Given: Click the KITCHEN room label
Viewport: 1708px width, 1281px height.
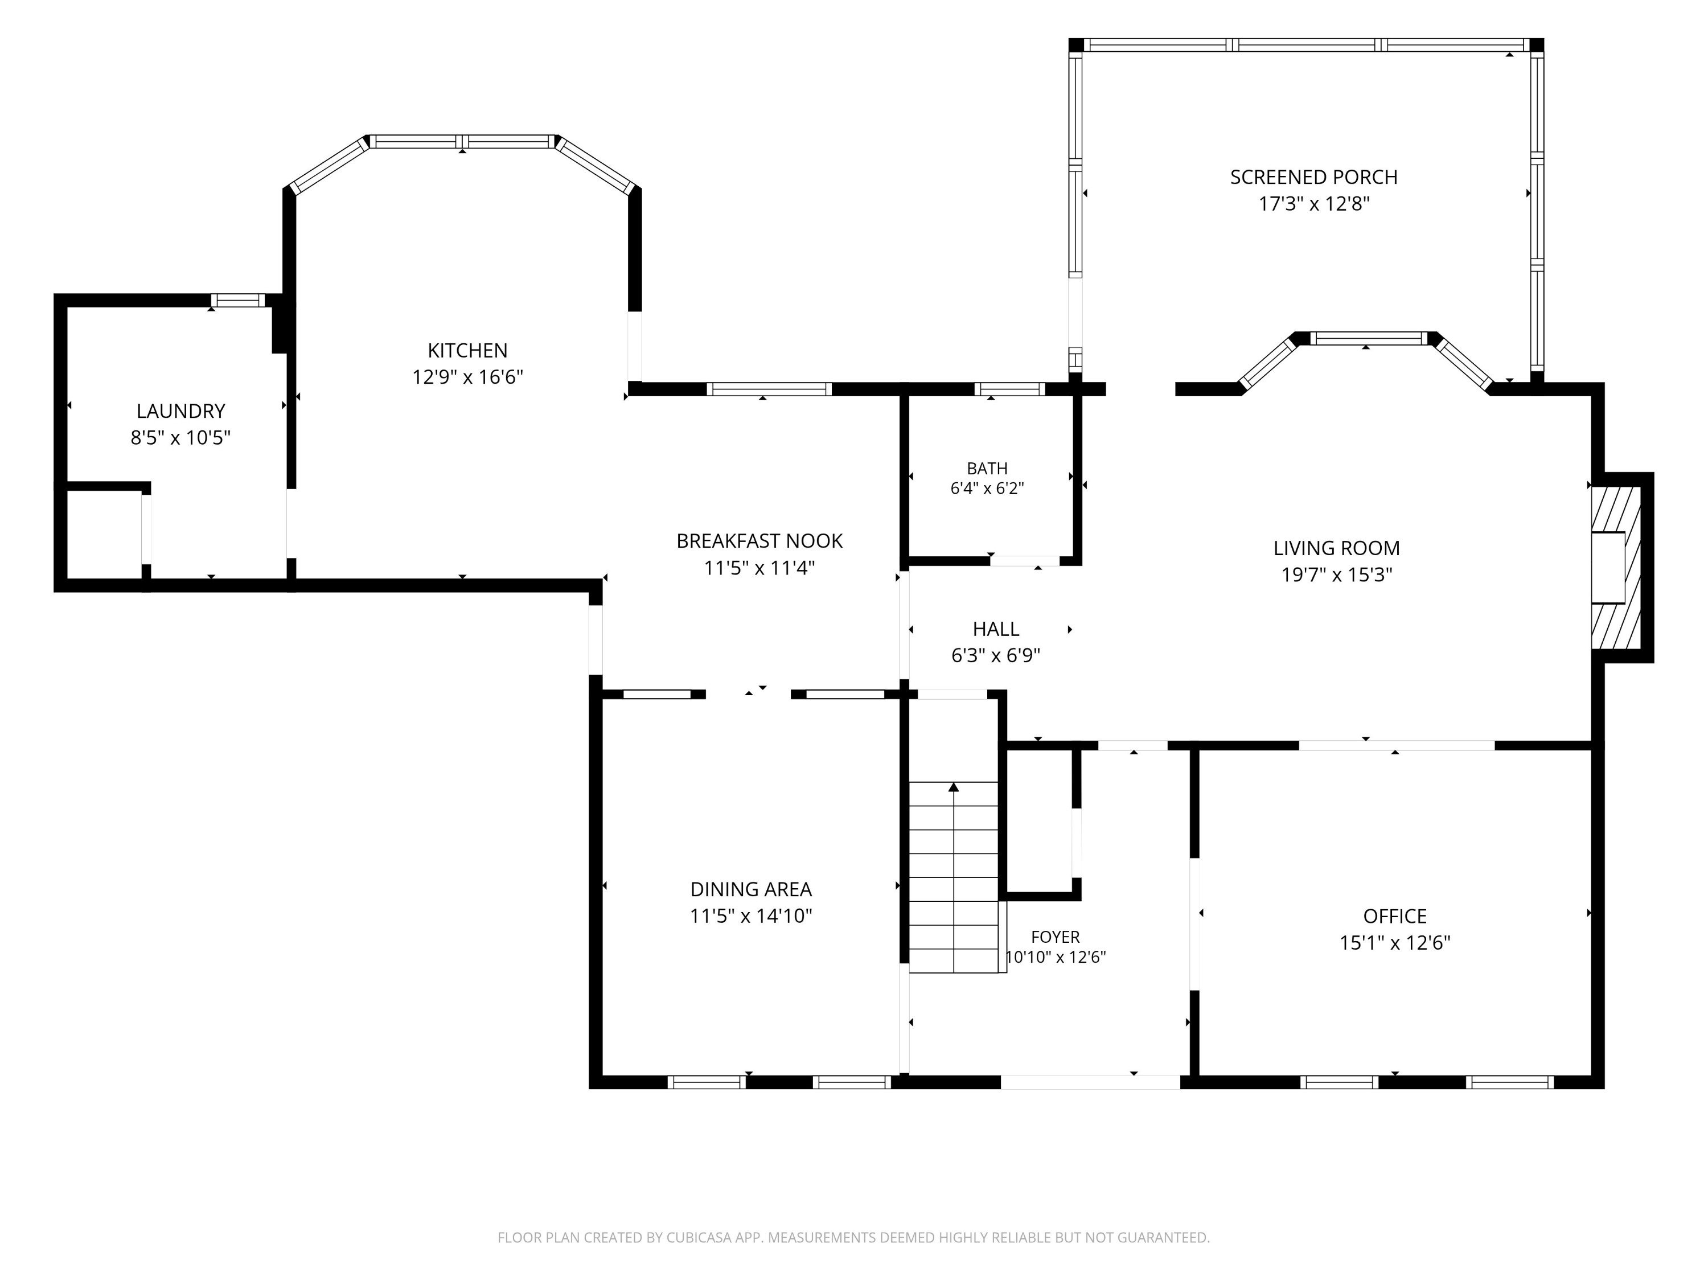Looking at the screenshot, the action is (467, 351).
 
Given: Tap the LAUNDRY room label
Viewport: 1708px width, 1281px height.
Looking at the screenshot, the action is (180, 411).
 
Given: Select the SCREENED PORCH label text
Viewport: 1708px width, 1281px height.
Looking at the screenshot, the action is (1313, 178).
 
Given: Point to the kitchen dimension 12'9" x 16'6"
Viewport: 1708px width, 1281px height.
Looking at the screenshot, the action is (467, 377).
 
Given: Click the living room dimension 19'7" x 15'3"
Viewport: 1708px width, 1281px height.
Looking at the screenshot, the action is (1337, 575).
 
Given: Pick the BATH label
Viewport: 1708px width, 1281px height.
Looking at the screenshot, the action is (987, 469).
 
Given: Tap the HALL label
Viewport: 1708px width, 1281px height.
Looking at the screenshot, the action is (996, 629).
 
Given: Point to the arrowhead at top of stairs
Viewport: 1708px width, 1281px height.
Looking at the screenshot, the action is (954, 787).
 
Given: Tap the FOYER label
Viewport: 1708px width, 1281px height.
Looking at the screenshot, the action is (1056, 937).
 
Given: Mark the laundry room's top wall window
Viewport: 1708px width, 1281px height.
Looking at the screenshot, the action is (239, 301).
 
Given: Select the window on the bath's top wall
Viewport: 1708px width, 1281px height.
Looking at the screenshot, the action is (1010, 389).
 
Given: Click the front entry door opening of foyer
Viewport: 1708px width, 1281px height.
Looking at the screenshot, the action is (1090, 1082).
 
